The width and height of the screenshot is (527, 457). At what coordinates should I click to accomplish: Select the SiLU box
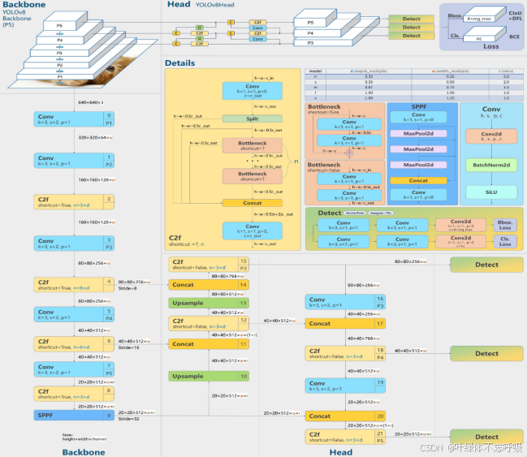coord(491,192)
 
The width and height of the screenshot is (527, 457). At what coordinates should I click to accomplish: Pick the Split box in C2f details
coord(252,119)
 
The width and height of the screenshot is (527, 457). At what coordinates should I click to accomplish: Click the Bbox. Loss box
coord(505,223)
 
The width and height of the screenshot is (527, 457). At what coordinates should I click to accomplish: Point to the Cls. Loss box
coord(505,240)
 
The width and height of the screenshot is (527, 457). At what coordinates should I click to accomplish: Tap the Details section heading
coord(179,63)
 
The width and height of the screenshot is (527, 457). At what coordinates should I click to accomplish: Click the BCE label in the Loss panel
coord(515,36)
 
